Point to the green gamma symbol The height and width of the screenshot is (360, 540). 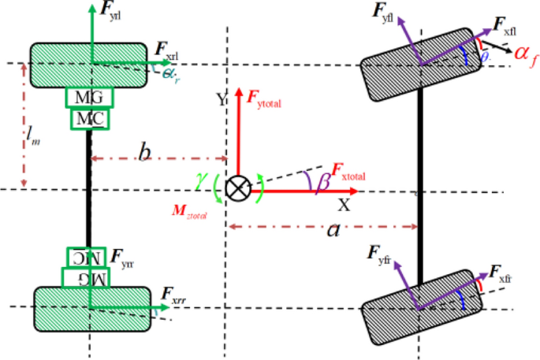pos(201,183)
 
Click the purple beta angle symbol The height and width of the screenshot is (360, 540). pos(322,182)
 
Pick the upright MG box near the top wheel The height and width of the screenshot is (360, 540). pos(89,98)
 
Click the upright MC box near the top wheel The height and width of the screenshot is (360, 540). pos(89,119)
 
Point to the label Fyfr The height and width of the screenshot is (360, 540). pos(381,253)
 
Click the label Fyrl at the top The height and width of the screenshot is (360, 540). pos(110,12)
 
